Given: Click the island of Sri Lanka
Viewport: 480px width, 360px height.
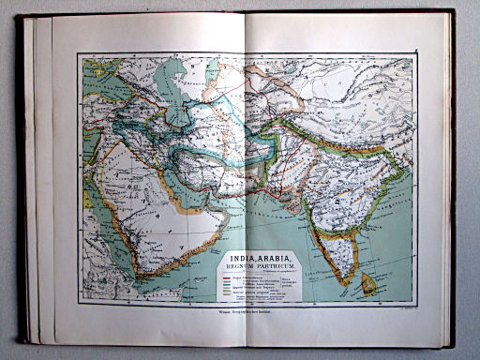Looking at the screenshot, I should click(x=368, y=282).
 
